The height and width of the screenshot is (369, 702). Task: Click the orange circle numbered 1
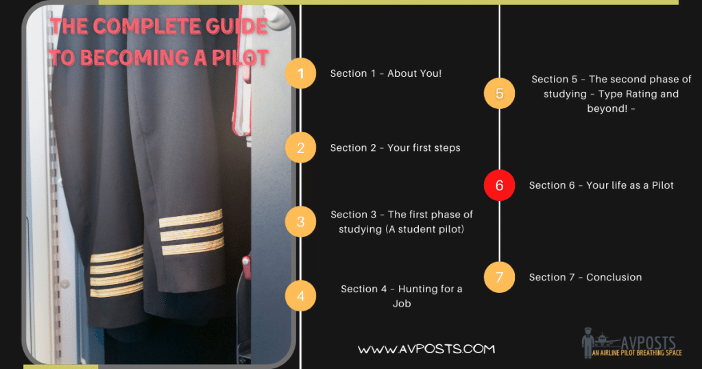(301, 73)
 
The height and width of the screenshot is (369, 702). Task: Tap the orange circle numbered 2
(301, 147)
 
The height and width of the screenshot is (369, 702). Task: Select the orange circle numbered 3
(301, 222)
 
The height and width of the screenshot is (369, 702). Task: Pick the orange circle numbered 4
(301, 296)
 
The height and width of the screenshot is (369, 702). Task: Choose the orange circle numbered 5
(499, 93)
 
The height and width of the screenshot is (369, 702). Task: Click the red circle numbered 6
(499, 185)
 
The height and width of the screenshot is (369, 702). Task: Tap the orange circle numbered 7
(499, 277)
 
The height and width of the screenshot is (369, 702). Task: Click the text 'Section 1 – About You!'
(385, 73)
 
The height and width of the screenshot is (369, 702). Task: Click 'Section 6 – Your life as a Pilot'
(601, 185)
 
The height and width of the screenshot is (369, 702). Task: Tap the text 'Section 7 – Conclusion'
(585, 277)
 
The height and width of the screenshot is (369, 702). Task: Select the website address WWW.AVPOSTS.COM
(426, 349)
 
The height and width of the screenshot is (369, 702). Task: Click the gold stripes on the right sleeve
(191, 232)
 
